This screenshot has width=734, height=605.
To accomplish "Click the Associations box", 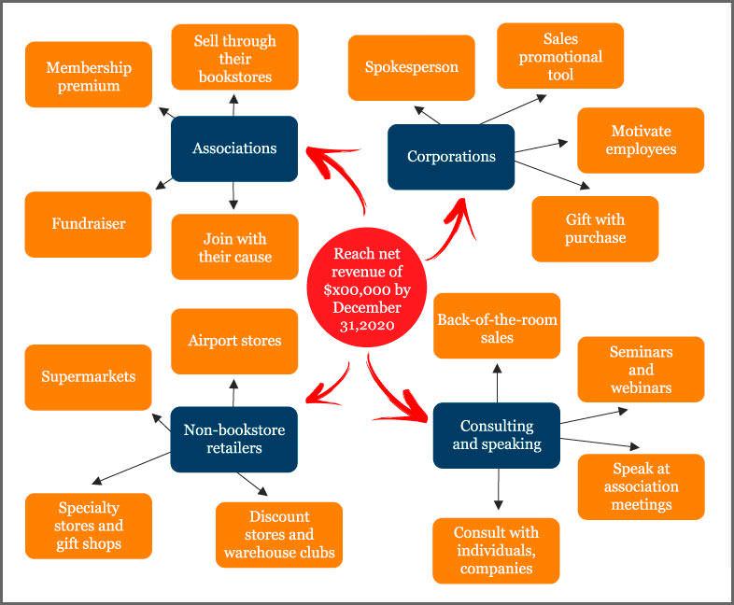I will (234, 148).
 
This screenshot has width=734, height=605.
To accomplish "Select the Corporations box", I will (451, 157).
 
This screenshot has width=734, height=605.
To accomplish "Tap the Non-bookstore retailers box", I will (234, 439).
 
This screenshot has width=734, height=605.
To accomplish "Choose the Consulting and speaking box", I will (497, 435).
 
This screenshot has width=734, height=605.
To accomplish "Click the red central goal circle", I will (368, 289).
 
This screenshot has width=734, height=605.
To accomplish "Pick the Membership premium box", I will (89, 75).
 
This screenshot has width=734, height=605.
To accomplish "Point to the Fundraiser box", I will (89, 224).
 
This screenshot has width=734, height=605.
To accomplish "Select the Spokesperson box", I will (412, 67).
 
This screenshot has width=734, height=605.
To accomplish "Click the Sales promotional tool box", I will (560, 56).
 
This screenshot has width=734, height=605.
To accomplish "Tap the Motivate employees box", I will (641, 140).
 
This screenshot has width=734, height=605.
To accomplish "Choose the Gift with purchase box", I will (595, 229).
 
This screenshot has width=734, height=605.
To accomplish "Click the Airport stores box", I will (234, 341).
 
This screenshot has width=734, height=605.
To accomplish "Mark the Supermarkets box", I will (89, 377).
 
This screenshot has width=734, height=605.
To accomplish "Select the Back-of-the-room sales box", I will (497, 327).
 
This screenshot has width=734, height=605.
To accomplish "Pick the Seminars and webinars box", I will (641, 369).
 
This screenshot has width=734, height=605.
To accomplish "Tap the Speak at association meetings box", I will (641, 485).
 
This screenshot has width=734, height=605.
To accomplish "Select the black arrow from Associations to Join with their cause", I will (233, 195).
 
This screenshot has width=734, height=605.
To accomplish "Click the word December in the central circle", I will (368, 307).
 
